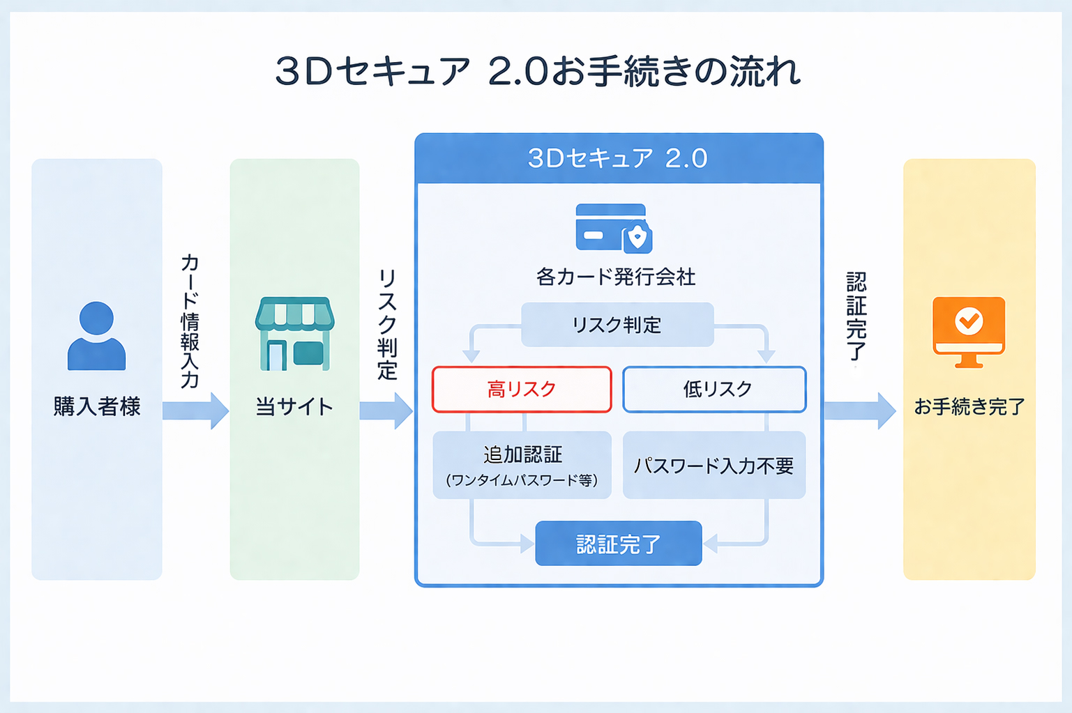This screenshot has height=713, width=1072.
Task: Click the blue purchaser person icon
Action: (96, 336)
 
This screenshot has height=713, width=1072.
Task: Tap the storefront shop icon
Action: (294, 334)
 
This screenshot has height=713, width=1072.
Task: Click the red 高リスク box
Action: (522, 389)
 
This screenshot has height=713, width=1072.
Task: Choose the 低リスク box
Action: (714, 389)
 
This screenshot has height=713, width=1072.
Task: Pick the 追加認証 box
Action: (522, 465)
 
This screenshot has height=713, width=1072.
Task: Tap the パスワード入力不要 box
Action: (714, 465)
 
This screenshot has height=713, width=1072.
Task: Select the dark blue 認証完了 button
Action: (618, 544)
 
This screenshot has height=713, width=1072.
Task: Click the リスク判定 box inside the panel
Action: (617, 325)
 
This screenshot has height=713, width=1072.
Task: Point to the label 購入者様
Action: (97, 406)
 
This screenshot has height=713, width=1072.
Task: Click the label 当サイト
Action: (294, 406)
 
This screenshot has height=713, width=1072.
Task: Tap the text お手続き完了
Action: (969, 406)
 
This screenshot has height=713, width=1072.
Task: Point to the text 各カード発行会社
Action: (616, 277)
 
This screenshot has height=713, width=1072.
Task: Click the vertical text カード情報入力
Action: (190, 321)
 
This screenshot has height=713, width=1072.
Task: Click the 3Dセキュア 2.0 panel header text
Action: (618, 158)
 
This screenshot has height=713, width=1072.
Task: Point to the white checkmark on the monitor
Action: (969, 321)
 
